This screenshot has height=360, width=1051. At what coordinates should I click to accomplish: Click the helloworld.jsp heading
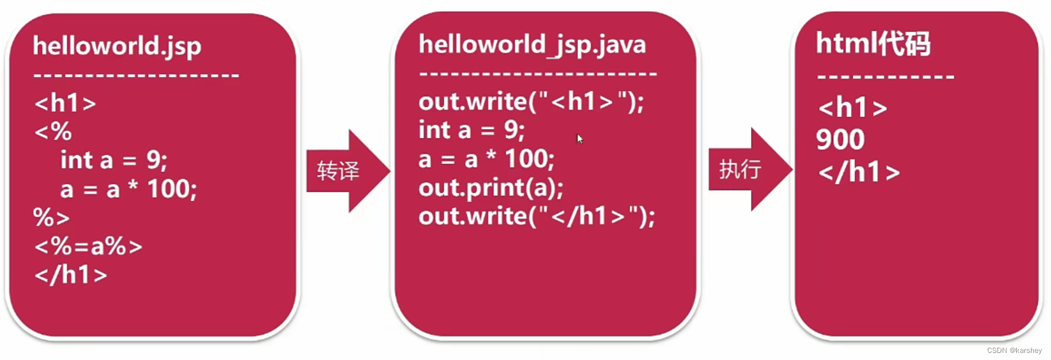117,46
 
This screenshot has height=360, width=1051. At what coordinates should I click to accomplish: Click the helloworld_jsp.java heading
532,45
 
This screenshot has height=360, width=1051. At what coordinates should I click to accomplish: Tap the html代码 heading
873,43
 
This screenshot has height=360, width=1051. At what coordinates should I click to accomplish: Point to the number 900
840,140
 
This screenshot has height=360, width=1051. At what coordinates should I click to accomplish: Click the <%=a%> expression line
89,246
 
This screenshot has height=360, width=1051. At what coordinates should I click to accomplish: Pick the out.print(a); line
491,188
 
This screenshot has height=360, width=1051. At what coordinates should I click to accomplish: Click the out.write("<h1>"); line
531,102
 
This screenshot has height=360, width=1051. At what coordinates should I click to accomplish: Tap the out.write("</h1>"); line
536,216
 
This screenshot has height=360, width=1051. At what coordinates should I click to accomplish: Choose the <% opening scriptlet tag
53,132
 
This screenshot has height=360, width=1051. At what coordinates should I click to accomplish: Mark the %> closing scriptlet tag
51,218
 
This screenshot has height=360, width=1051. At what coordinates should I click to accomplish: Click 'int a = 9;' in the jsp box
114,160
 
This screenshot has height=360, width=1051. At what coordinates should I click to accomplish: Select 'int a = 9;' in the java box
472,130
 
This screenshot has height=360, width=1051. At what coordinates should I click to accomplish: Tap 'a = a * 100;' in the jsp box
129,189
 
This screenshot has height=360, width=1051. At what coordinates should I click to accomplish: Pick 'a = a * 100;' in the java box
486,159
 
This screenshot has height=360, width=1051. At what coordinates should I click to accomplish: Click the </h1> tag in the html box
859,172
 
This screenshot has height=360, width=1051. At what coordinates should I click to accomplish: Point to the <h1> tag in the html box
852,107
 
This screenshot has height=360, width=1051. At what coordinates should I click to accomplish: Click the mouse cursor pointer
579,139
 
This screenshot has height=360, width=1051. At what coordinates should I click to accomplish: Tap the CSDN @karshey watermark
1014,351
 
